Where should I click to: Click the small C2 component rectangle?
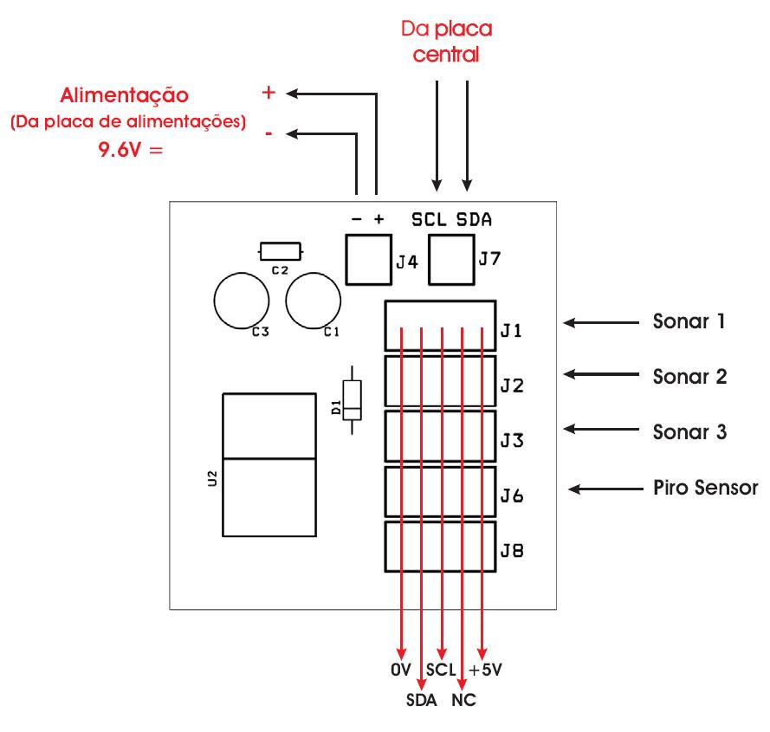280,251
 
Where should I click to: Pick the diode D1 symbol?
352,401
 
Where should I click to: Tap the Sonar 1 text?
688,322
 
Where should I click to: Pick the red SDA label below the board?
421,699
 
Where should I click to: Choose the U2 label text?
212,477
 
